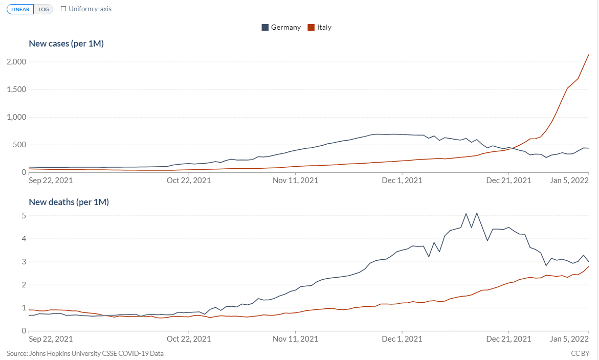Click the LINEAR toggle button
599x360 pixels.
click(20, 9)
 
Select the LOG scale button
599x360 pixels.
click(43, 9)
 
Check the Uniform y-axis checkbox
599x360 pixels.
click(63, 9)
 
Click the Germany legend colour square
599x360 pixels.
click(265, 28)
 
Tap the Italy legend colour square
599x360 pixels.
click(311, 28)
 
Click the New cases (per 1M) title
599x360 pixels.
click(66, 43)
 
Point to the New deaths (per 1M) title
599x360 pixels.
click(69, 202)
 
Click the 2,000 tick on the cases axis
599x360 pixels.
click(16, 62)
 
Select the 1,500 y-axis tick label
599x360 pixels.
click(16, 89)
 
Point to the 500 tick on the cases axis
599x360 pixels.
click(20, 145)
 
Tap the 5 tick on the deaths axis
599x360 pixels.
click(24, 216)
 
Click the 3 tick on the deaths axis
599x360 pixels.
click(24, 262)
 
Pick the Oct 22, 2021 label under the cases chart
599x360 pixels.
click(189, 181)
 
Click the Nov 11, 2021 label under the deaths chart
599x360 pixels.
click(295, 339)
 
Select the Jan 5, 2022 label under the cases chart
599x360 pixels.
click(569, 181)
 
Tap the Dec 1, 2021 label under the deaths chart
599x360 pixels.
click(402, 339)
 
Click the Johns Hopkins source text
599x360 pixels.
click(85, 353)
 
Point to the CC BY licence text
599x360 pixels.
click(580, 353)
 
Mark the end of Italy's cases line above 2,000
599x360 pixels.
click(589, 55)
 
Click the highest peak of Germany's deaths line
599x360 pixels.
click(477, 213)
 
